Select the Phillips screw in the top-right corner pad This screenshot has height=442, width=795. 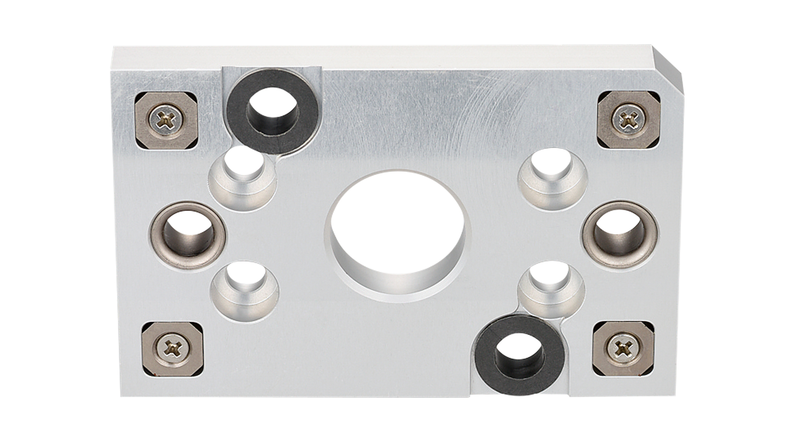pyautogui.click(x=628, y=118)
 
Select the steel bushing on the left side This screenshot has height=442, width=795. pyautogui.click(x=188, y=235)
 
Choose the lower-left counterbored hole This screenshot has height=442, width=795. pyautogui.click(x=245, y=290)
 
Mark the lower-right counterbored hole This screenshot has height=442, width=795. pyautogui.click(x=552, y=290)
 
